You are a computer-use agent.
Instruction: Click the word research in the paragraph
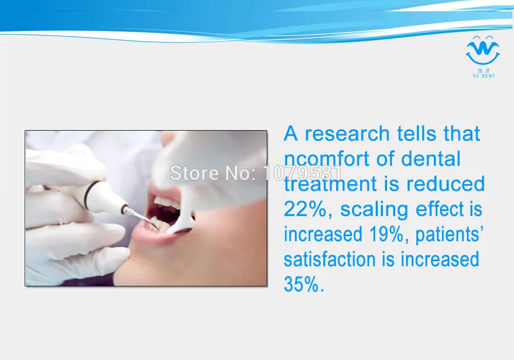coord(347,134)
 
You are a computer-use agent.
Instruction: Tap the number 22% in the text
coord(305,209)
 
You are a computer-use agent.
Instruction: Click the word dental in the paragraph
coord(431,159)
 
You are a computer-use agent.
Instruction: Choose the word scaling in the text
coord(374,210)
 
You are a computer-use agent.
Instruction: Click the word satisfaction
coord(329,259)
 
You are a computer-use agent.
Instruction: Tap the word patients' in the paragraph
coord(449,235)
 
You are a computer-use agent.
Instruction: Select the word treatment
coord(331,184)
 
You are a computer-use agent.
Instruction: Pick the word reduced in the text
coord(446,184)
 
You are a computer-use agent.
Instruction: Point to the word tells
coord(417,134)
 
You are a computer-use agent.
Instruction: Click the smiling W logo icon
coord(483,50)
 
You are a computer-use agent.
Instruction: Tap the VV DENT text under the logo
coord(484,76)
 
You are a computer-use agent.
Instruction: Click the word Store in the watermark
coord(194,173)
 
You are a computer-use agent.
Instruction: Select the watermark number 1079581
coord(302,173)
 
